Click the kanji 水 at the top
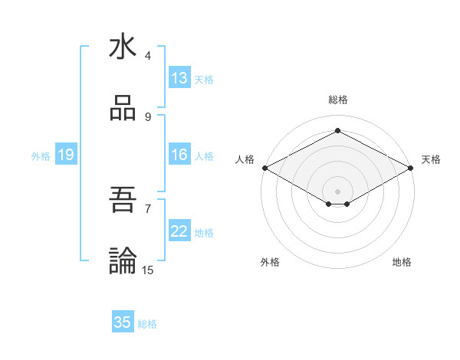[x=123, y=47]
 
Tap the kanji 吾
[x=123, y=200]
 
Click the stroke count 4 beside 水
[x=148, y=56]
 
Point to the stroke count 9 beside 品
[x=148, y=117]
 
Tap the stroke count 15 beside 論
[x=148, y=270]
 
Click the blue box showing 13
[x=179, y=78]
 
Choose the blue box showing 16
[x=179, y=155]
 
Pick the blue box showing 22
[x=179, y=231]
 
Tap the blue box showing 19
[x=66, y=155]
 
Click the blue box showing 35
[x=123, y=322]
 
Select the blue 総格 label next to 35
[x=147, y=324]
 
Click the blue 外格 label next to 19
[x=41, y=156]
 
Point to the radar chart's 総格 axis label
[x=338, y=100]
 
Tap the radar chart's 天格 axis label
[x=431, y=159]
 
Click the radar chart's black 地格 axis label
[x=402, y=263]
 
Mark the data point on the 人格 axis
[x=264, y=168]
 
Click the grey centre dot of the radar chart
[x=338, y=191]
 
